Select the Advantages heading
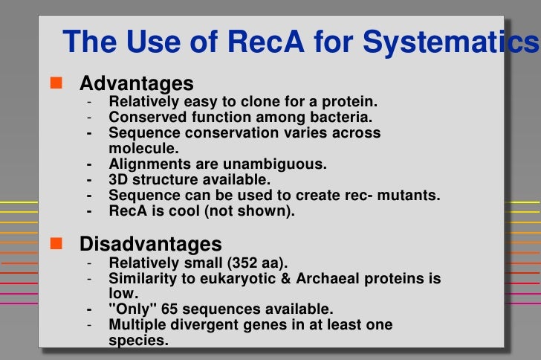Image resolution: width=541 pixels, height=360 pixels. point(137,83)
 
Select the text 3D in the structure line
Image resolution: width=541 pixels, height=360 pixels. point(119,179)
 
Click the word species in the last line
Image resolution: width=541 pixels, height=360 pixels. point(138,341)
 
